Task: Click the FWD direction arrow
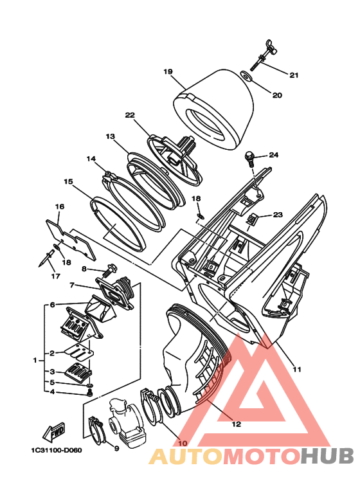pyautogui.click(x=54, y=431)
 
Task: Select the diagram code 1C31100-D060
pyautogui.click(x=57, y=450)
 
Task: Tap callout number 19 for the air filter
pyautogui.click(x=168, y=71)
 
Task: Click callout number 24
pyautogui.click(x=273, y=155)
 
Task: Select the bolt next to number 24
pyautogui.click(x=250, y=159)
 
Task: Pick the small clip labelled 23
pyautogui.click(x=252, y=219)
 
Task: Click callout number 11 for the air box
pyautogui.click(x=297, y=369)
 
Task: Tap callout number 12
pyautogui.click(x=237, y=424)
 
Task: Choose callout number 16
pyautogui.click(x=60, y=206)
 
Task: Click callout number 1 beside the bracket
pyautogui.click(x=35, y=361)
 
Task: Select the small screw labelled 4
pyautogui.click(x=90, y=393)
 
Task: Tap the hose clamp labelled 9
pyautogui.click(x=96, y=429)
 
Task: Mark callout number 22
pyautogui.click(x=130, y=114)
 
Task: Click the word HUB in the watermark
pyautogui.click(x=327, y=456)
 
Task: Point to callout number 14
pyautogui.click(x=91, y=158)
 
